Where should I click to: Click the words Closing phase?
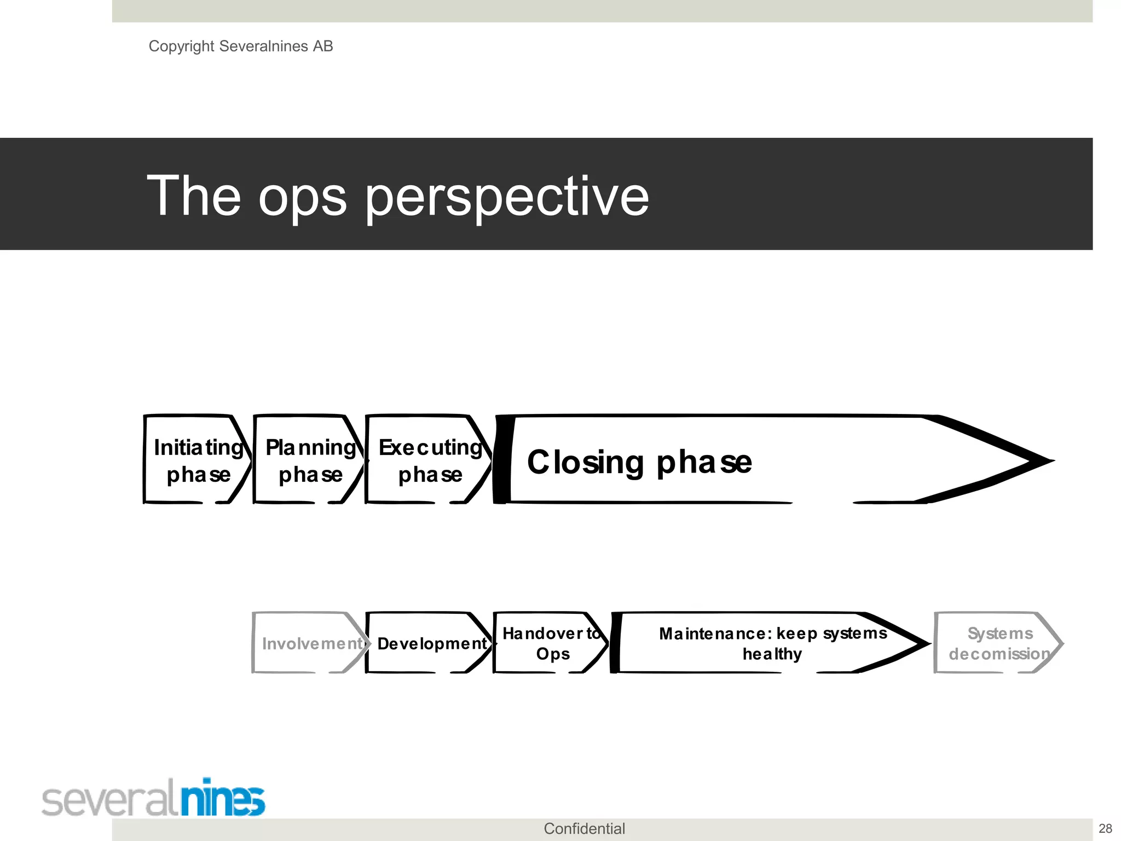(x=639, y=462)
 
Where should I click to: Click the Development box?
(x=430, y=643)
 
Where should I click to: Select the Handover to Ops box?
(x=551, y=643)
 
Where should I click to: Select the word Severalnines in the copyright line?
(x=263, y=46)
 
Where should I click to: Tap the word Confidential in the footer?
(x=584, y=828)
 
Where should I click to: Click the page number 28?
(x=1105, y=828)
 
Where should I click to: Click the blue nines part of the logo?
(x=223, y=798)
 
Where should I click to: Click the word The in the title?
(x=194, y=195)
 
